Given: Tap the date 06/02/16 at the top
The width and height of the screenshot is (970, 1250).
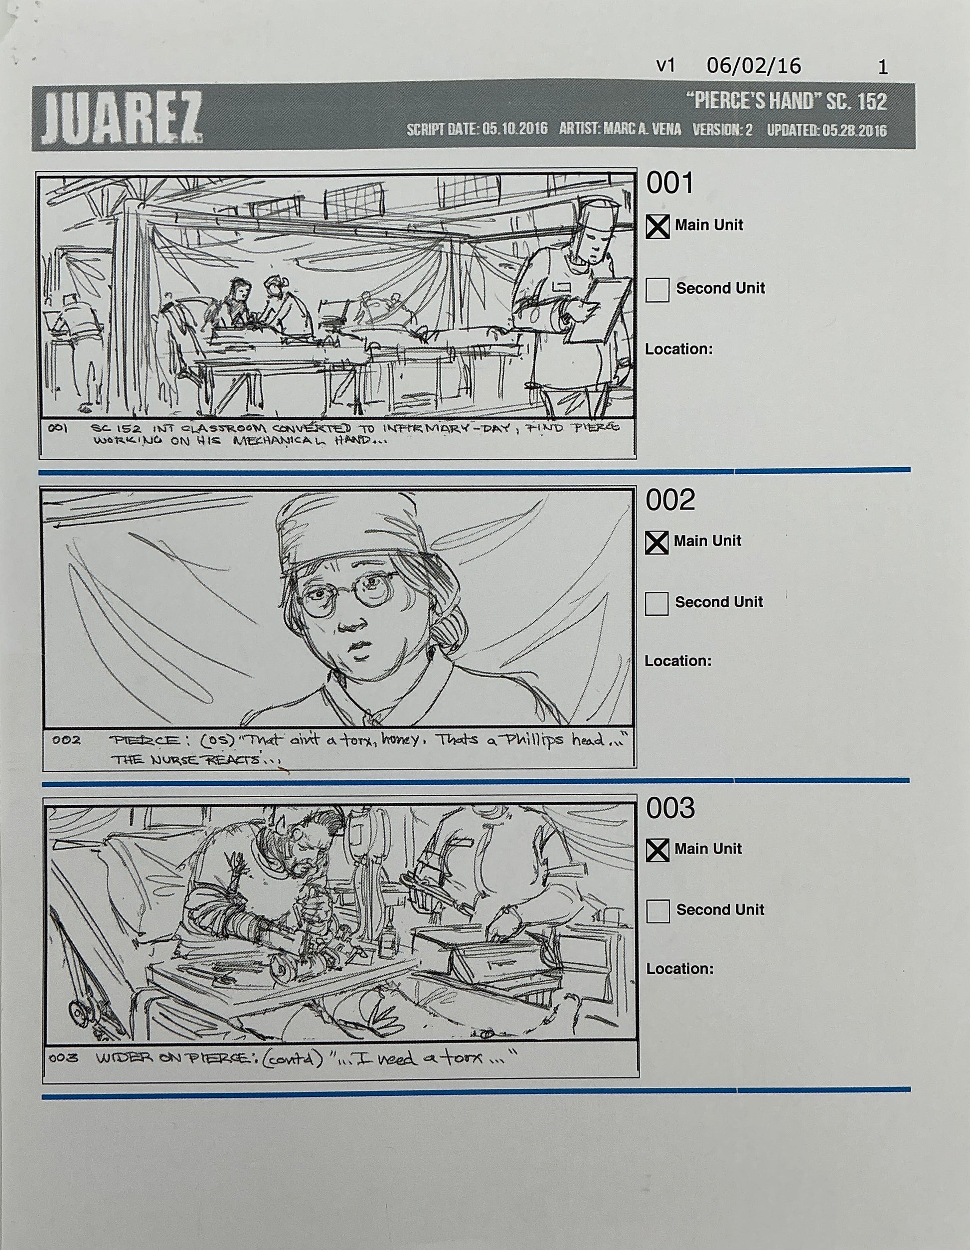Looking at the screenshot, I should (x=754, y=66).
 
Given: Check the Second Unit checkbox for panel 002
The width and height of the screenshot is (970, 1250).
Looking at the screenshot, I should (x=656, y=603).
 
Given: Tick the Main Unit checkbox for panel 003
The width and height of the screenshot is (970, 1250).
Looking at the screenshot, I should (x=657, y=850).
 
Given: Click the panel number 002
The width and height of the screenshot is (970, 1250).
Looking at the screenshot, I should (x=670, y=500).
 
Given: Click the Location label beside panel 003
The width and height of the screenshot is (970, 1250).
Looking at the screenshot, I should (x=680, y=969).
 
